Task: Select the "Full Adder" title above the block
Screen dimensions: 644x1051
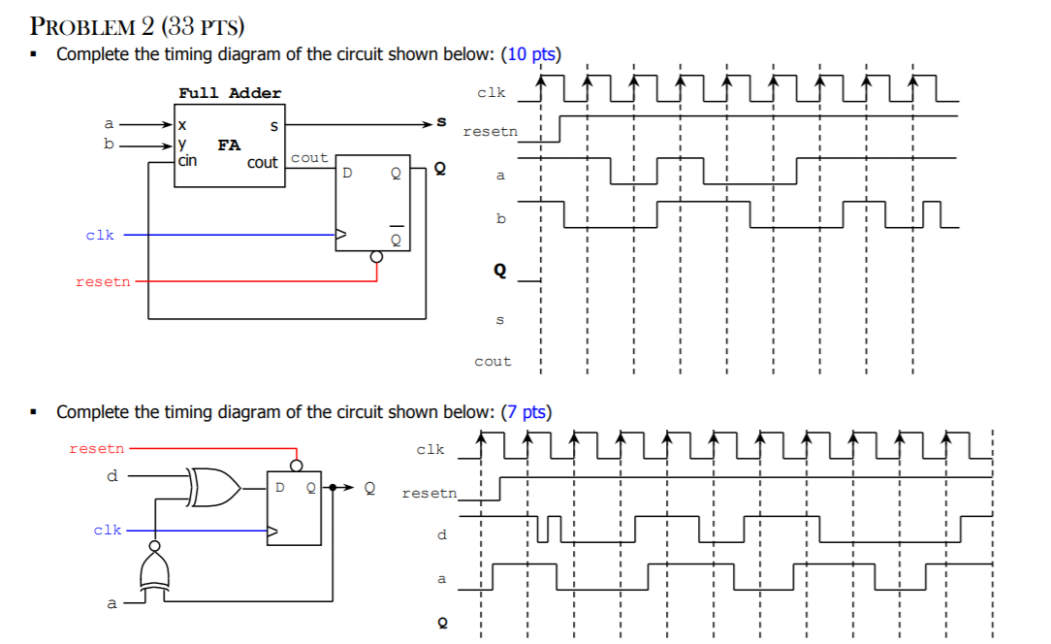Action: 230,93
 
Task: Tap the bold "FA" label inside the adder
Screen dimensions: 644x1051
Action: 229,145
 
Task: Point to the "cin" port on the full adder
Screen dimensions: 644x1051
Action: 187,161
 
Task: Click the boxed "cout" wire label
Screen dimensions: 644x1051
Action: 309,157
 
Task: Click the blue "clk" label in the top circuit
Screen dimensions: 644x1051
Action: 100,235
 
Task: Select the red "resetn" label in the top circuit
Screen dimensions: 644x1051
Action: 103,282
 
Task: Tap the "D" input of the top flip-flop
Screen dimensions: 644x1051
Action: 346,175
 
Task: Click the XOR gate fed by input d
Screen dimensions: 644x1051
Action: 215,487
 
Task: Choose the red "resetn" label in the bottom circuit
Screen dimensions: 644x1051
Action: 97,448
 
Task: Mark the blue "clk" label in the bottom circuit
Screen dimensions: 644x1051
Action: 108,530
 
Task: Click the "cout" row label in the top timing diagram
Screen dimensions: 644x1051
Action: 493,362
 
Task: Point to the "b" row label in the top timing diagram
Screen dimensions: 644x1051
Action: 500,218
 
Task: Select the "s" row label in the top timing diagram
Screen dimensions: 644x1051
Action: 500,319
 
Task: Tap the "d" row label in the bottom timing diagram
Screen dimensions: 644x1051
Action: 442,534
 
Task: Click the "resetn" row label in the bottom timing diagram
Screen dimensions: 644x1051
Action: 429,494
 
